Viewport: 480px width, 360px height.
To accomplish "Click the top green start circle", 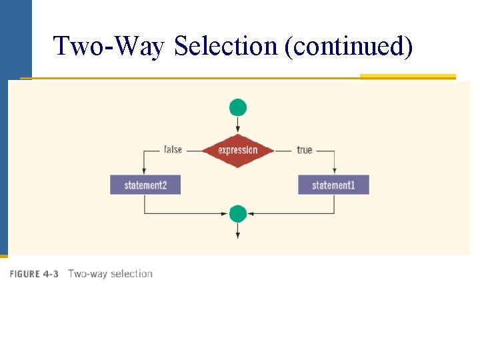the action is (x=238, y=107).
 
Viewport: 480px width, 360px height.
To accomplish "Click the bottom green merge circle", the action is (x=238, y=214).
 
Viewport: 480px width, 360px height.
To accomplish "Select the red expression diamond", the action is (x=237, y=150).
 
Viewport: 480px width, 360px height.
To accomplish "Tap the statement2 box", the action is (x=145, y=185).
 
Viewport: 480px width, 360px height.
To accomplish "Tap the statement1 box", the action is (x=333, y=185).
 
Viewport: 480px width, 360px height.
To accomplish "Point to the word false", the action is (x=173, y=149).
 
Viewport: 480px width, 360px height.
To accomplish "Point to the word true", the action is (x=305, y=150).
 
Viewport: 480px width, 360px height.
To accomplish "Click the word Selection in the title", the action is (x=226, y=47).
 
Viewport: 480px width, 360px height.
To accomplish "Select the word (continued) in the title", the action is (x=349, y=47).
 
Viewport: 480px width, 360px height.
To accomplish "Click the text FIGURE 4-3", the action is (x=34, y=274).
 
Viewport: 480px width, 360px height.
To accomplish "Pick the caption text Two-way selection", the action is (x=110, y=274).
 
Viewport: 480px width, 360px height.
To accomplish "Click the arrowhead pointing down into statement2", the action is (x=145, y=171).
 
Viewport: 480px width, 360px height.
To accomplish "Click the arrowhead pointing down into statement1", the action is (x=334, y=171).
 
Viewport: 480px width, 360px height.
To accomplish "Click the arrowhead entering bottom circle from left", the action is (x=225, y=214).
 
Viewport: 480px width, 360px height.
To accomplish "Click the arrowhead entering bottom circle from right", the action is (x=251, y=214).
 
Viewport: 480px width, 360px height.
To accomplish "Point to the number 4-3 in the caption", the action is (x=51, y=274).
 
